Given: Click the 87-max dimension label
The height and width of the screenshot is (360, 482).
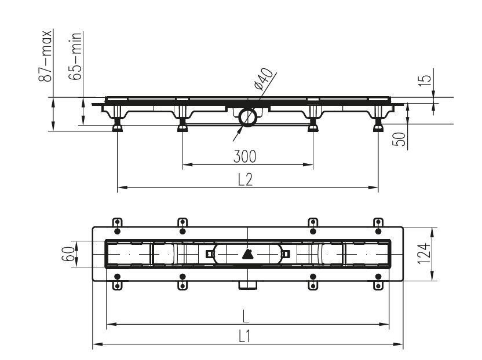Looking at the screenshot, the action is pyautogui.click(x=45, y=56).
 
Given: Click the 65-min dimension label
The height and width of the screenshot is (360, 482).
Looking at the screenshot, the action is pyautogui.click(x=75, y=56).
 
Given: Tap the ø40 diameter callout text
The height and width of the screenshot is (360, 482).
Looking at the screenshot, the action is pyautogui.click(x=264, y=79).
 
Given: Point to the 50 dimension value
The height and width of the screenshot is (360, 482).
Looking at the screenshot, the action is pyautogui.click(x=399, y=139).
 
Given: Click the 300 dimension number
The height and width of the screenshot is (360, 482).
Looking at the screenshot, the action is pyautogui.click(x=244, y=156).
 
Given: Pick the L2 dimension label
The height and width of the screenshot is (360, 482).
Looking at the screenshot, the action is pyautogui.click(x=245, y=179).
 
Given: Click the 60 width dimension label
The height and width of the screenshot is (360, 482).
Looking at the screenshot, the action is pyautogui.click(x=68, y=254).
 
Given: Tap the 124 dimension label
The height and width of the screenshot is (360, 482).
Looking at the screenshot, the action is pyautogui.click(x=423, y=254).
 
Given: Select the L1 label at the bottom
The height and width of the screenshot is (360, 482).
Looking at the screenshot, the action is pyautogui.click(x=244, y=336).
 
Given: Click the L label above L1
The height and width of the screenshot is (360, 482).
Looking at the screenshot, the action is pyautogui.click(x=245, y=316).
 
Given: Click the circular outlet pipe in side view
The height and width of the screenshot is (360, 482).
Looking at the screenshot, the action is pyautogui.click(x=248, y=117).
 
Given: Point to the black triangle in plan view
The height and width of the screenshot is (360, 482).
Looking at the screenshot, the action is pyautogui.click(x=247, y=254).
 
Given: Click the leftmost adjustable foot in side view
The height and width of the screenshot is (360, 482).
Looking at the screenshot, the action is pyautogui.click(x=117, y=126).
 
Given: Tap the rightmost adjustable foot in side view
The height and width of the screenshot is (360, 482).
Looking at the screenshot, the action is pyautogui.click(x=378, y=126).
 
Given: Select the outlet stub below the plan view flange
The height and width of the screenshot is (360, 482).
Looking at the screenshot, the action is pyautogui.click(x=248, y=285).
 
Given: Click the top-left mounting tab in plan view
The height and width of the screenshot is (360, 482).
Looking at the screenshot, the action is pyautogui.click(x=117, y=223).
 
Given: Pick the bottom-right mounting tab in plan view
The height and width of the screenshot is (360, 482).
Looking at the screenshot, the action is pyautogui.click(x=378, y=285).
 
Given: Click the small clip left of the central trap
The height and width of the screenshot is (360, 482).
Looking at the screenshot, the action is pyautogui.click(x=209, y=254).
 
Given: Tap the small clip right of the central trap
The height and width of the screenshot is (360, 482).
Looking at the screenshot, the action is pyautogui.click(x=286, y=254).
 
